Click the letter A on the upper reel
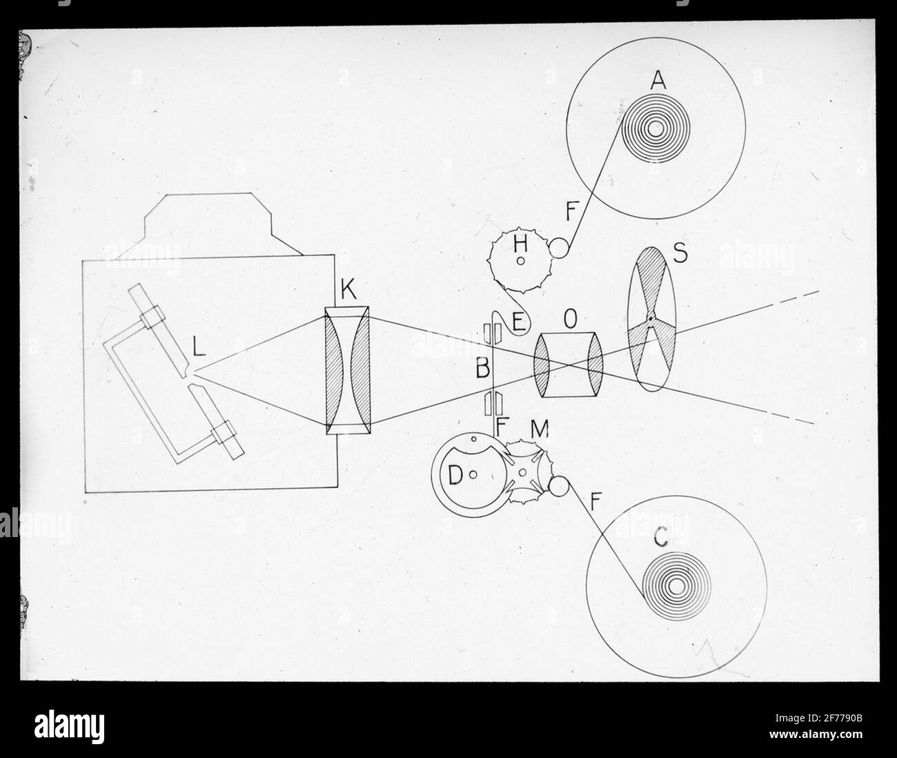658,80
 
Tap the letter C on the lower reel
661,536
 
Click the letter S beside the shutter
680,253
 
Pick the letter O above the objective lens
570,320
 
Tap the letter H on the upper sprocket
520,244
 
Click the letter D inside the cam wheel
455,475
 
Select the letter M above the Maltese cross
540,428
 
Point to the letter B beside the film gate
483,368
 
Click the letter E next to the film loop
518,322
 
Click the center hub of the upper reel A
655,129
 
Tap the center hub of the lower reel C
676,586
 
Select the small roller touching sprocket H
559,248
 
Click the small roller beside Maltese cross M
559,486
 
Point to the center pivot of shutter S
651,318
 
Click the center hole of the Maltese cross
522,472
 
